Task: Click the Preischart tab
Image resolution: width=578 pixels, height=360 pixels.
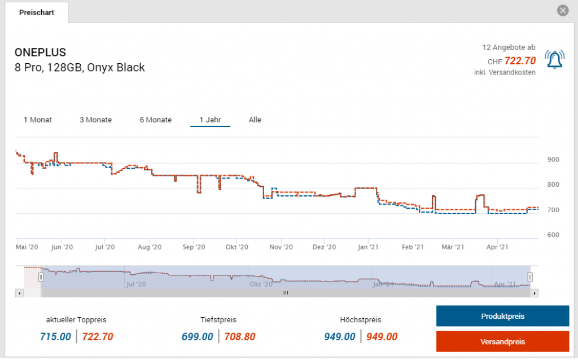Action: [36, 12]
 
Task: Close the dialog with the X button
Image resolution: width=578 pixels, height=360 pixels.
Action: [562, 11]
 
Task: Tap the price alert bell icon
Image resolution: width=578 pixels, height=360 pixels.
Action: [554, 59]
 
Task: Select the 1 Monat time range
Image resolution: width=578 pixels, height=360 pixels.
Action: [38, 120]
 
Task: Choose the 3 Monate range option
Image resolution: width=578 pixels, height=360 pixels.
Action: [95, 120]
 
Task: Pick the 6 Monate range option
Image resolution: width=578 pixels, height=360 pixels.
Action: [156, 120]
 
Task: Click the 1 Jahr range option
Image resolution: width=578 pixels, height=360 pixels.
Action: [210, 120]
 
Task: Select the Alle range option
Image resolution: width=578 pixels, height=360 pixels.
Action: [255, 120]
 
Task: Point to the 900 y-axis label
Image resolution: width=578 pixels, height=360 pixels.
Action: [553, 160]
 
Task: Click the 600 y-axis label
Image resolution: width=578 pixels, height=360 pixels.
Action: [553, 235]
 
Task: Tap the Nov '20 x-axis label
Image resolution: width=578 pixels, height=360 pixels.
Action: [281, 247]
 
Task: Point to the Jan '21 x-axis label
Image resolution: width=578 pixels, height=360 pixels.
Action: [369, 247]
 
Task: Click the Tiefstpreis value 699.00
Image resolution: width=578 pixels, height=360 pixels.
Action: [198, 337]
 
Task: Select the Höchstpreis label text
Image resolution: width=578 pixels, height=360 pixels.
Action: [361, 320]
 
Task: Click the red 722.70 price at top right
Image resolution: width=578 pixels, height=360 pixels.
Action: [520, 60]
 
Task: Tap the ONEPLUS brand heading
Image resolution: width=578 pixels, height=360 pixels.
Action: [40, 52]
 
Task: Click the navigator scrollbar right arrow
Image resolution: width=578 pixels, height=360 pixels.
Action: [535, 293]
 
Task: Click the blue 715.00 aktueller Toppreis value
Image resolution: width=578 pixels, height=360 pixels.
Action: [55, 337]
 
